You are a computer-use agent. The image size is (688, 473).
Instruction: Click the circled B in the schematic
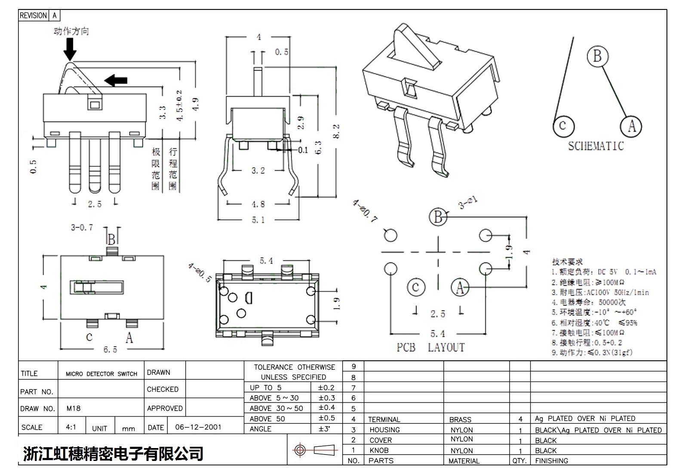tap(597, 56)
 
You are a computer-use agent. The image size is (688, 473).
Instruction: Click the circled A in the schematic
tap(631, 126)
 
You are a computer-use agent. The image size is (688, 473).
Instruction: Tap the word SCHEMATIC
tap(596, 146)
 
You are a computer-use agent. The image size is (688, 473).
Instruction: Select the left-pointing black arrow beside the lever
tap(116, 80)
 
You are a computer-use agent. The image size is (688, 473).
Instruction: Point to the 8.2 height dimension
tap(336, 131)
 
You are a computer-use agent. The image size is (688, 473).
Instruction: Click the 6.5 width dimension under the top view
tap(110, 350)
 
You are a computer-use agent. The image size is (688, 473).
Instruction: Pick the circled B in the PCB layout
tap(438, 217)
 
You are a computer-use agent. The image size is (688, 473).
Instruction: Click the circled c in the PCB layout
tap(415, 287)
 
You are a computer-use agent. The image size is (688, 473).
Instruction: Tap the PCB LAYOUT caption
tap(430, 347)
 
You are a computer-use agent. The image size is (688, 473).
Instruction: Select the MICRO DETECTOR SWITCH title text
tap(101, 374)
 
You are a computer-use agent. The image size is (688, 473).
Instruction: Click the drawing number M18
tap(74, 408)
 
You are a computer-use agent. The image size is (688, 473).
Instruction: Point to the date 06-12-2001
tap(198, 427)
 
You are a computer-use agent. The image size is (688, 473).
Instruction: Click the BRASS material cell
tap(460, 420)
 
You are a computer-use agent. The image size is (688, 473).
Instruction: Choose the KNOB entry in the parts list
tap(379, 451)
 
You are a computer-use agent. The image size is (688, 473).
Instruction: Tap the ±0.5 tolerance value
tap(326, 418)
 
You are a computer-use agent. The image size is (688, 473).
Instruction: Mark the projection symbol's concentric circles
tap(300, 450)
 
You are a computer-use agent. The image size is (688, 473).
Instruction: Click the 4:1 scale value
tap(71, 427)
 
